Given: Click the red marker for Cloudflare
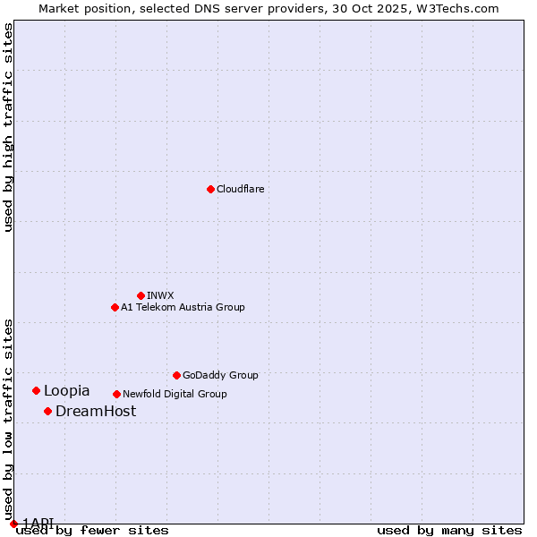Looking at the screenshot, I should coord(210,189).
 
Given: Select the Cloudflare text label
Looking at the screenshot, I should coord(240,189).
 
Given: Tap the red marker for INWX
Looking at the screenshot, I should coord(141,295).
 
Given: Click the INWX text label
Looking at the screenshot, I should coord(160,295).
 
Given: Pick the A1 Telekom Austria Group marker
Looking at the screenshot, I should coord(115,307).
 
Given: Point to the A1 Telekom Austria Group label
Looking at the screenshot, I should coord(183,307).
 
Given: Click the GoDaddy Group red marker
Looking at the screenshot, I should coord(176,375).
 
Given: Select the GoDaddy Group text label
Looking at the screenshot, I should coord(220,375).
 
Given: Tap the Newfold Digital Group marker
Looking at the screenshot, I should coord(116,394).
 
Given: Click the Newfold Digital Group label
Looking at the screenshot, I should coord(175,394).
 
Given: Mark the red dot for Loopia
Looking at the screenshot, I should coord(36,390).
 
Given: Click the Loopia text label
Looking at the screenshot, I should coord(66,390).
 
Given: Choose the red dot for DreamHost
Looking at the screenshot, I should coord(47,411).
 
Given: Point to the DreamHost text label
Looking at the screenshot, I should coord(96,411).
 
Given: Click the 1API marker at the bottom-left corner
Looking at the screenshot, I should coord(13,524).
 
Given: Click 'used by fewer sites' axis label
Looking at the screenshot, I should coord(92,530).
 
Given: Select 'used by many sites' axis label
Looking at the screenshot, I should coord(449,530).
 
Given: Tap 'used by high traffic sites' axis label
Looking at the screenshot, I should coord(8,127).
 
